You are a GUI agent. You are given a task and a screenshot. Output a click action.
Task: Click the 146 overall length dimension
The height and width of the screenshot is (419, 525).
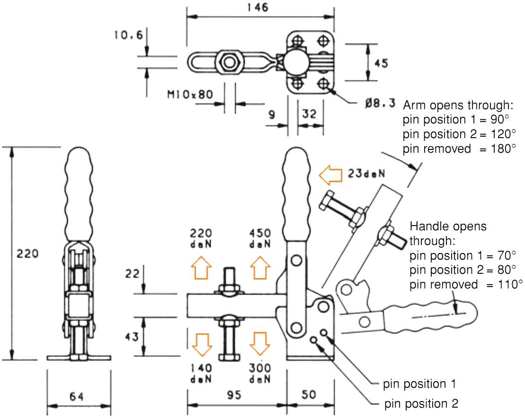(x=258, y=8)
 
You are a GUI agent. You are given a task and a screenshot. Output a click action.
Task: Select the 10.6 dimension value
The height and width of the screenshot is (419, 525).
(x=129, y=35)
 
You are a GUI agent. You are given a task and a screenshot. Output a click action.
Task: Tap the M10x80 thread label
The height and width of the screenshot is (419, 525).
(x=190, y=95)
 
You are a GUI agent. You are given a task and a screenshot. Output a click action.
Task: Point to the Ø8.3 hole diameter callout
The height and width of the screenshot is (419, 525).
(x=380, y=103)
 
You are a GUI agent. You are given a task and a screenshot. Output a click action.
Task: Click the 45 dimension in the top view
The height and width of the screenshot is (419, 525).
(x=381, y=63)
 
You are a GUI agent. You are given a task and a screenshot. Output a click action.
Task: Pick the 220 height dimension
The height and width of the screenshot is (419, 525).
(x=27, y=253)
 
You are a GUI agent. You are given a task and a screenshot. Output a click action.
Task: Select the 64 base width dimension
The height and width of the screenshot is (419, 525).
(x=76, y=397)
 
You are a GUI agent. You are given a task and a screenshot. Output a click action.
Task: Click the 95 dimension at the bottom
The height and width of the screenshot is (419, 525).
(x=234, y=395)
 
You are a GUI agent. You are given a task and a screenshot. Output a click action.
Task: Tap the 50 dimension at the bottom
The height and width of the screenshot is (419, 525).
(x=308, y=394)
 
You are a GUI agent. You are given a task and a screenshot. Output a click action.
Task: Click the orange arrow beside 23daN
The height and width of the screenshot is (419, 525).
(x=330, y=175)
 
